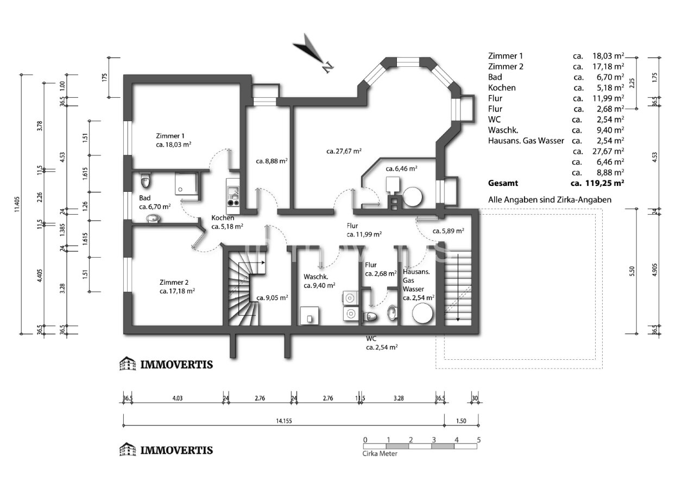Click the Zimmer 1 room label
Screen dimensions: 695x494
point(170,136)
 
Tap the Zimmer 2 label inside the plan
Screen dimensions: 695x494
point(174,283)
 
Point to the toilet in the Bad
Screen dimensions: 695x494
point(145,180)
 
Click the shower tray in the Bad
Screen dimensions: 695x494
point(186,184)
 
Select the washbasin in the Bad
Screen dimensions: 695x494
point(153,218)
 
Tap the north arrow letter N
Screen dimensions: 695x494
point(327,67)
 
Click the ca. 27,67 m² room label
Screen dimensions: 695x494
point(344,151)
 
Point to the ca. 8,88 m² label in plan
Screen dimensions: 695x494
point(271,161)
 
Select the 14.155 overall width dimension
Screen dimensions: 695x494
point(284,421)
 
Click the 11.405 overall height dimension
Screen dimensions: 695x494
point(17,204)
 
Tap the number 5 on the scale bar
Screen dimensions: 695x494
point(479,440)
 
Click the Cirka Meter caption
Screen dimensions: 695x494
point(380,454)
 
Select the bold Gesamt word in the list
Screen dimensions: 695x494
point(503,183)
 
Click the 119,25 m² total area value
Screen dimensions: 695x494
point(605,183)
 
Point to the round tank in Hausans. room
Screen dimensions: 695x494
point(422,314)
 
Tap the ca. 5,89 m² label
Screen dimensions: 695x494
point(448,231)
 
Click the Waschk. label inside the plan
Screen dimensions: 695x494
point(316,277)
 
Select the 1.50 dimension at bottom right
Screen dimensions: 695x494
point(461,421)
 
